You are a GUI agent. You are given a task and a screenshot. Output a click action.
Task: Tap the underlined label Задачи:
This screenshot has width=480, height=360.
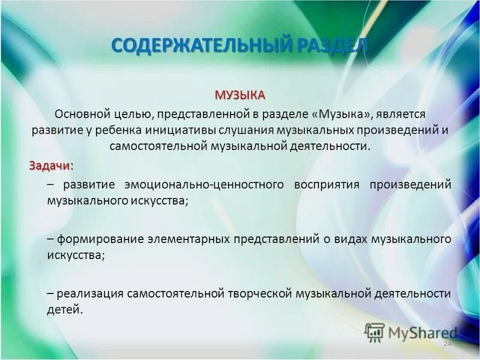coord(52,165)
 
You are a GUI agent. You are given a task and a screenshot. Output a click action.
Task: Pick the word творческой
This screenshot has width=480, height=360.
coord(259,293)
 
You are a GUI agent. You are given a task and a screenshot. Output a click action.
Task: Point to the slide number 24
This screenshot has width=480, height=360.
coord(446,344)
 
